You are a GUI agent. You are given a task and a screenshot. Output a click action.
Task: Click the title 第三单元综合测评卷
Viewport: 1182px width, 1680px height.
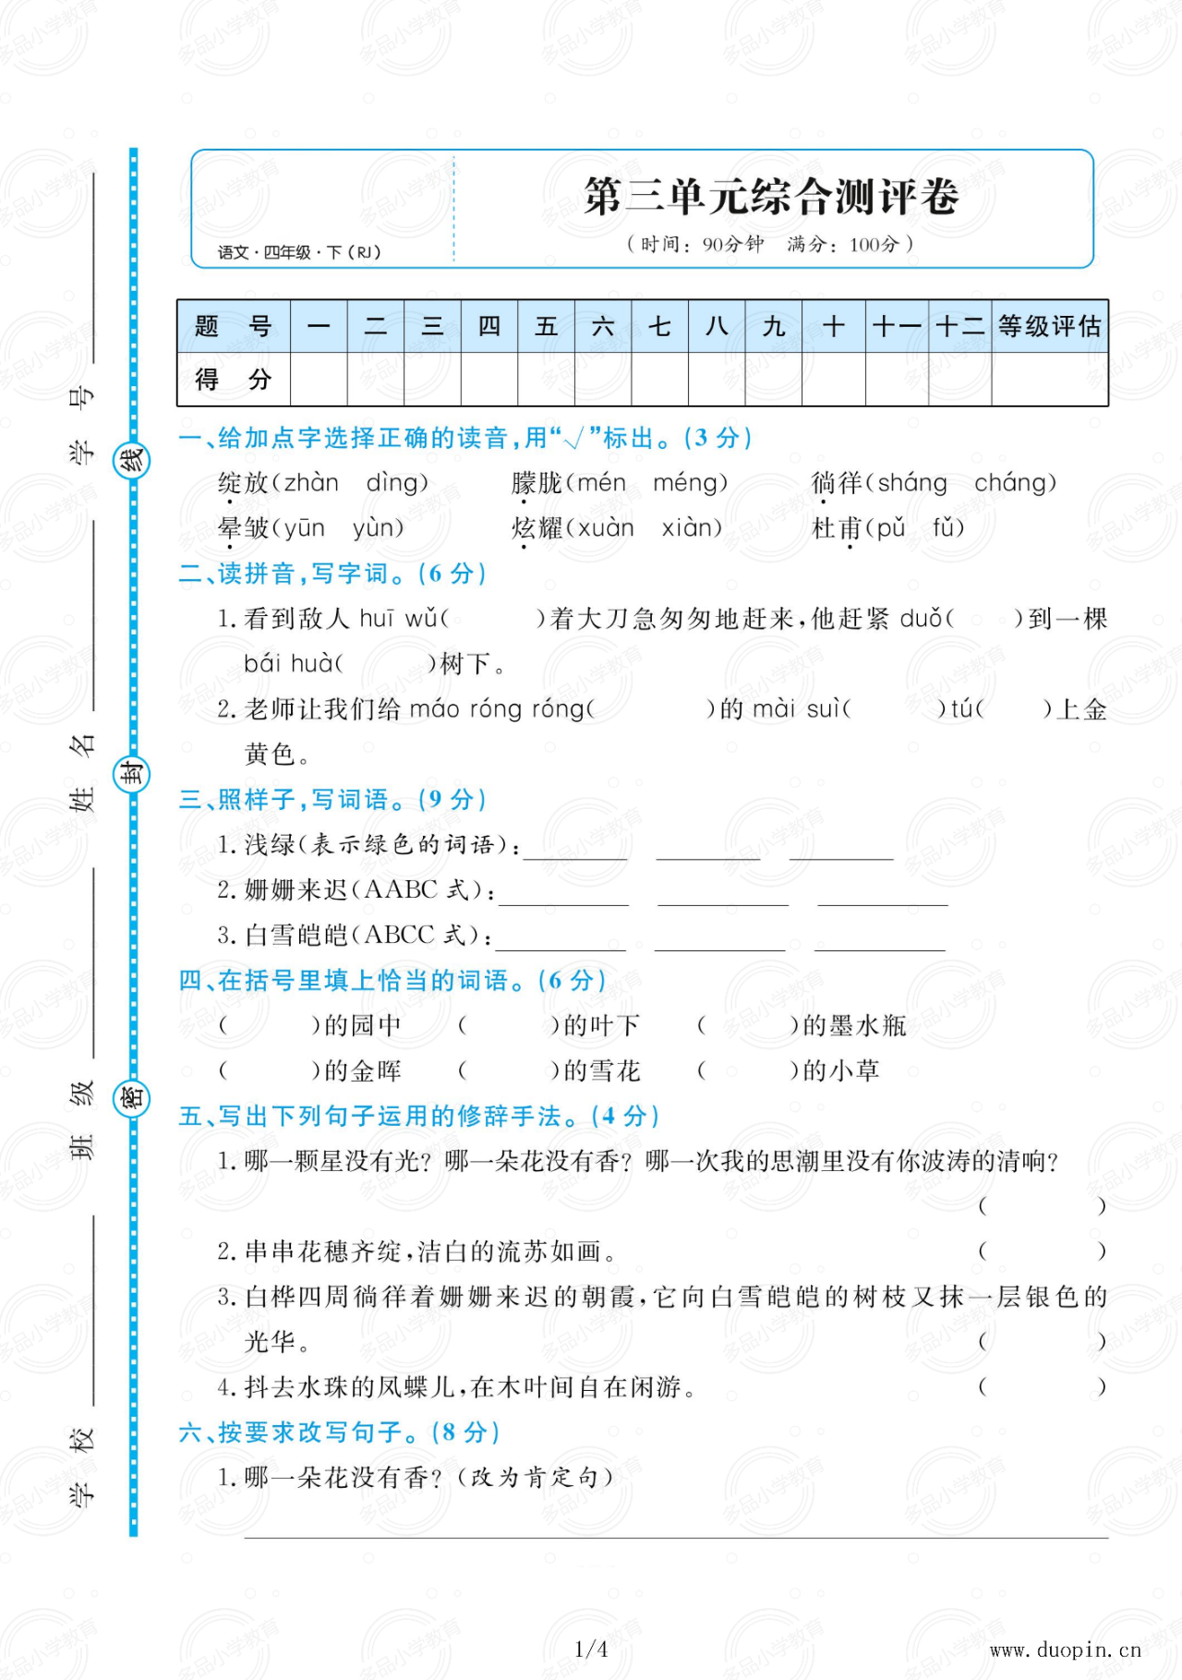click(771, 197)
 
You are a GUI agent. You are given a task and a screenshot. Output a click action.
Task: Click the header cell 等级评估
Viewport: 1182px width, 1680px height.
click(1049, 326)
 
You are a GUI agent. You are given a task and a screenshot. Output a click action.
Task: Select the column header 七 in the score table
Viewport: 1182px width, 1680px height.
click(659, 326)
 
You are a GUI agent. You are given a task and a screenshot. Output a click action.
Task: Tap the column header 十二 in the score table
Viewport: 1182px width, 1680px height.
click(959, 326)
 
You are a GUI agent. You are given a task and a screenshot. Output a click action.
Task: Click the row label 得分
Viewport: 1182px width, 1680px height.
click(233, 380)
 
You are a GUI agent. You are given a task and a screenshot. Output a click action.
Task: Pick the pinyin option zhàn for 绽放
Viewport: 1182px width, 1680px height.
click(311, 483)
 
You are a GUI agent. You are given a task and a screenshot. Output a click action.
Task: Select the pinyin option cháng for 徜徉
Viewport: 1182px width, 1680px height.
click(1014, 483)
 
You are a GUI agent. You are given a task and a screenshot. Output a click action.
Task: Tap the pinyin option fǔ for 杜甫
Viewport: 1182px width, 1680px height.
click(947, 528)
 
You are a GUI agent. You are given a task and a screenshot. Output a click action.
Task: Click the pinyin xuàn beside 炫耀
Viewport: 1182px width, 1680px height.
click(606, 528)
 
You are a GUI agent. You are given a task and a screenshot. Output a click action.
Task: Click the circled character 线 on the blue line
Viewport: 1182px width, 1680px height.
click(131, 460)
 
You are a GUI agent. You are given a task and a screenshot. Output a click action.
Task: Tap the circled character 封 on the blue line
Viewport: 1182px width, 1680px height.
click(131, 774)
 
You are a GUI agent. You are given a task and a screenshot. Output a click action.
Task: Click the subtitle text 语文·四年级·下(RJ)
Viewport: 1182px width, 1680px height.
click(299, 252)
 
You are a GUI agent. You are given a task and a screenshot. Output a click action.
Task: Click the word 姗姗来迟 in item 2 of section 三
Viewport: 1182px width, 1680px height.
click(295, 890)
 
